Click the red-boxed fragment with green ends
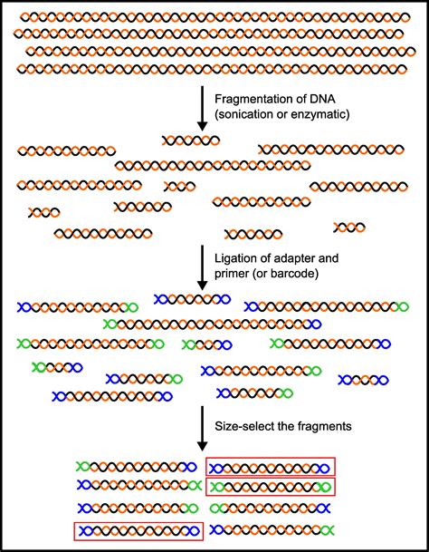coord(270,487)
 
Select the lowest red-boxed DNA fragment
coord(138,529)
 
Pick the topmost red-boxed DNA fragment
coord(270,466)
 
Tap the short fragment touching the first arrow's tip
coord(191,140)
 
